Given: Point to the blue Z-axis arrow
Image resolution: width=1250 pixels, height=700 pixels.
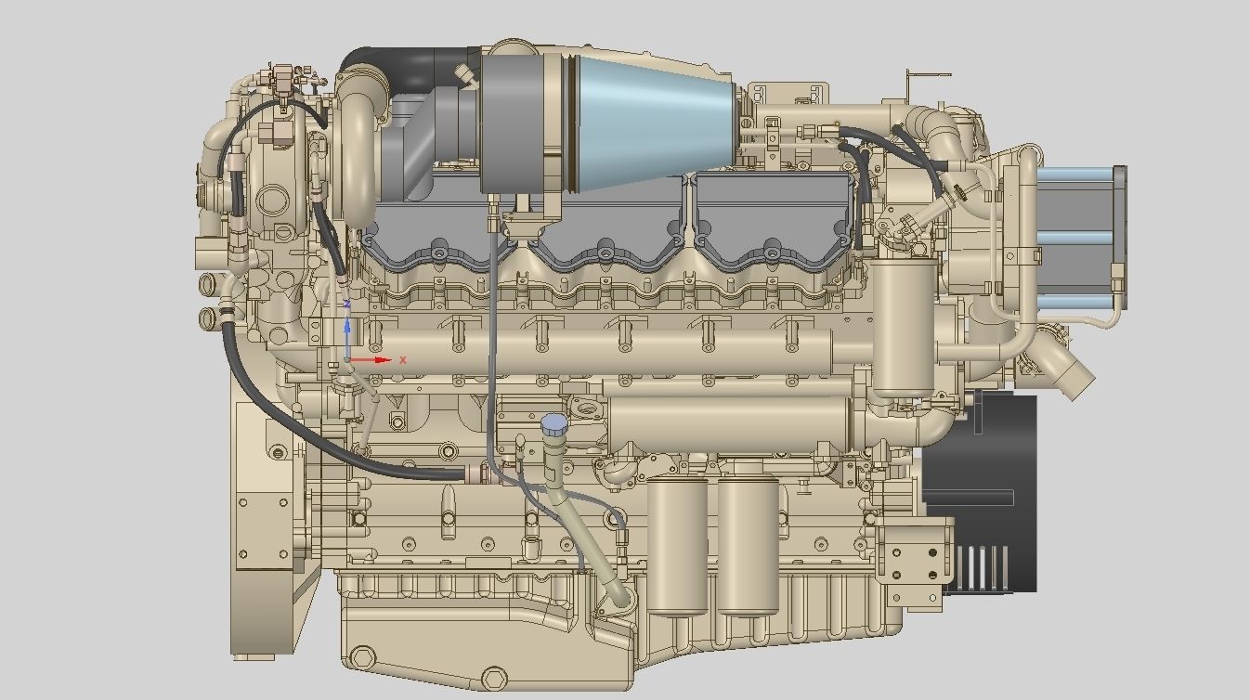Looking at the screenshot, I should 347,331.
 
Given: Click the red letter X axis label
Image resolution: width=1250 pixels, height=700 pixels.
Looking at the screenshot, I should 403,359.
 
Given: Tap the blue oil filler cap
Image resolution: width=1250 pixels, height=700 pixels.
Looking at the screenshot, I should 553,425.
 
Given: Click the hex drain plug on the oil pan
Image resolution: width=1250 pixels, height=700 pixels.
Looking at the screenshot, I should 364,660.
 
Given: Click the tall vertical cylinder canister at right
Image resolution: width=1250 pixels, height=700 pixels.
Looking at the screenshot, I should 904,325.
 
